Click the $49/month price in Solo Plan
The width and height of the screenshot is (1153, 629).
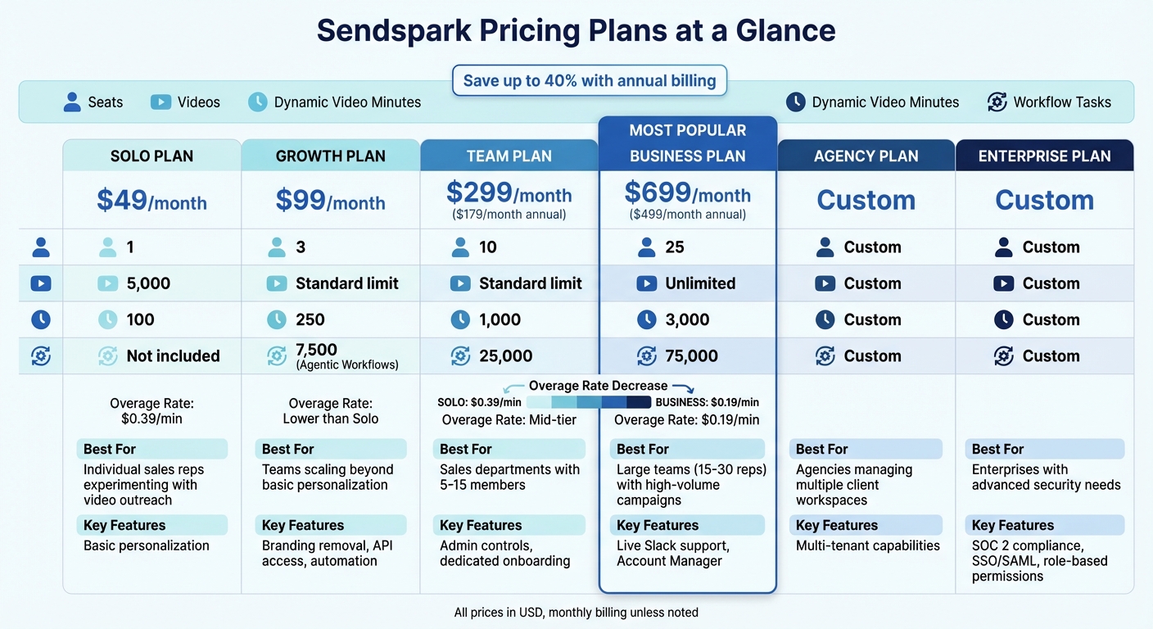click(151, 201)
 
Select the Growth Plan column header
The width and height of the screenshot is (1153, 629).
click(330, 156)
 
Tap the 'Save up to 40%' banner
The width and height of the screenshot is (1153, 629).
click(589, 81)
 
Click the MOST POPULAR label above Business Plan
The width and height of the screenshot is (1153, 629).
click(687, 130)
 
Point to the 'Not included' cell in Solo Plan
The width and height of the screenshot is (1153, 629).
click(172, 356)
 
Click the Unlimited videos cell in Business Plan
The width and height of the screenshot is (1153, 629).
click(699, 283)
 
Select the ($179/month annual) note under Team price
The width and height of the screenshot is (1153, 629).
click(509, 215)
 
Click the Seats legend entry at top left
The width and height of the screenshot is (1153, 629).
click(93, 102)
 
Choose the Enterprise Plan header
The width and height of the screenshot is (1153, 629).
click(1044, 156)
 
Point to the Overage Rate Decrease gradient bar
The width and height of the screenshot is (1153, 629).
click(589, 402)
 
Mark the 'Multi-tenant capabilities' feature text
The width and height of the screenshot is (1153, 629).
click(867, 545)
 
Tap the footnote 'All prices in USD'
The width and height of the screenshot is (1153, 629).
click(576, 612)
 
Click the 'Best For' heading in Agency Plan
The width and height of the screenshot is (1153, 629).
click(821, 449)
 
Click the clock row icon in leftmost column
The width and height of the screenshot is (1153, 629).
click(41, 319)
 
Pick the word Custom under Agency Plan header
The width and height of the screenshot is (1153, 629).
click(866, 200)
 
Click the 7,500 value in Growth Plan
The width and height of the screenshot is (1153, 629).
click(316, 350)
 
